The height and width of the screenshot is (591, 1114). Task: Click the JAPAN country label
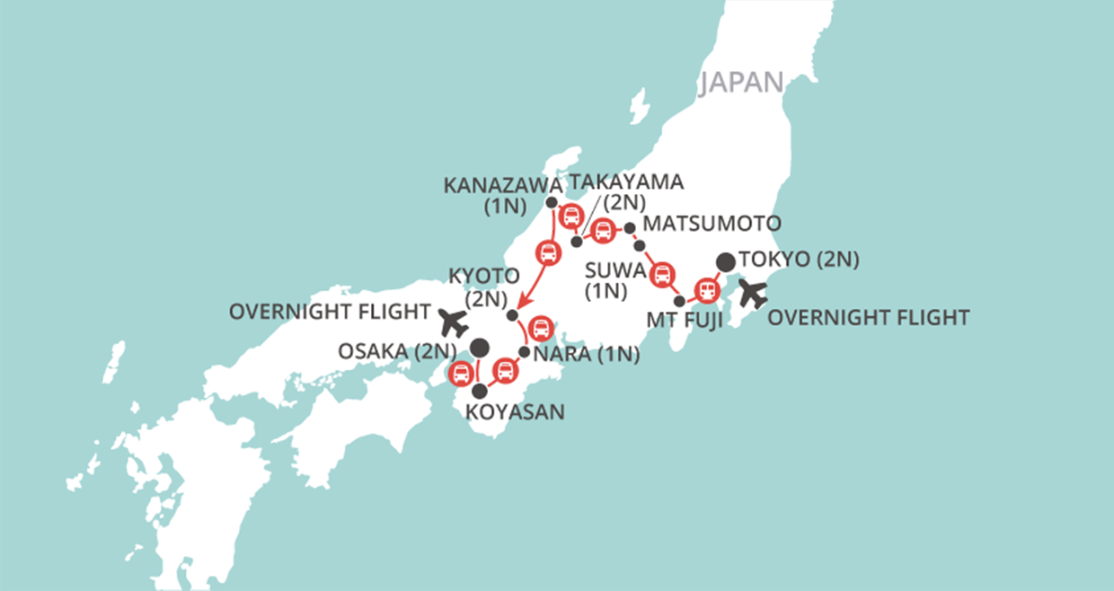pyautogui.click(x=741, y=82)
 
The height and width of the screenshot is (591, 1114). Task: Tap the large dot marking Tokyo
pyautogui.click(x=725, y=262)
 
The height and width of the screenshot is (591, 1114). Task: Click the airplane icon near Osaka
pyautogui.click(x=455, y=320)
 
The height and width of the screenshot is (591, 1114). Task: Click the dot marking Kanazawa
pyautogui.click(x=552, y=203)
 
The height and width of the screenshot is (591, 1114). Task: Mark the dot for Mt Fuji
pyautogui.click(x=680, y=301)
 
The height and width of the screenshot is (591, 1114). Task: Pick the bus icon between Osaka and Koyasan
pyautogui.click(x=461, y=373)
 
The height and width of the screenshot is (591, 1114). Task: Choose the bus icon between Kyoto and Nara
pyautogui.click(x=541, y=328)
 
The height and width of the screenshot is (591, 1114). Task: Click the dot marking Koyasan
pyautogui.click(x=480, y=391)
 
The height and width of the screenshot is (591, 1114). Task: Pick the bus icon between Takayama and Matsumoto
pyautogui.click(x=603, y=230)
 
